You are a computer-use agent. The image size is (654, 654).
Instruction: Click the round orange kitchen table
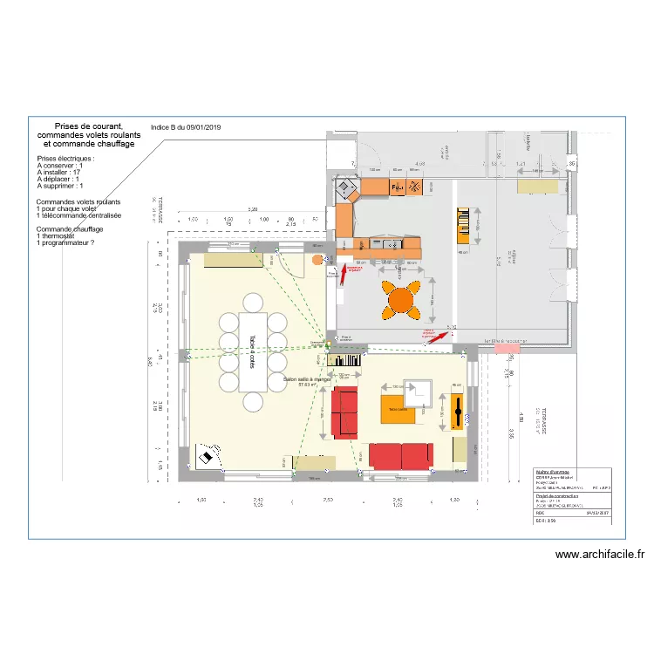pyautogui.click(x=401, y=299)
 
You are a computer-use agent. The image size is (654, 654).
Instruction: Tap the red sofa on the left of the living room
pyautogui.click(x=344, y=412)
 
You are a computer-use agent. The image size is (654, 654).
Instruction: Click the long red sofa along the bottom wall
pyautogui.click(x=400, y=455)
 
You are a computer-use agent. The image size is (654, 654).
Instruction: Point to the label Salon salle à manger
pyautogui.click(x=307, y=380)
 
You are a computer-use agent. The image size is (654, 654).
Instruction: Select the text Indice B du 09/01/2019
pyautogui.click(x=186, y=127)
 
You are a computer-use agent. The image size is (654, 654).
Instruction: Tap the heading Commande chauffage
pyautogui.click(x=70, y=228)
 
